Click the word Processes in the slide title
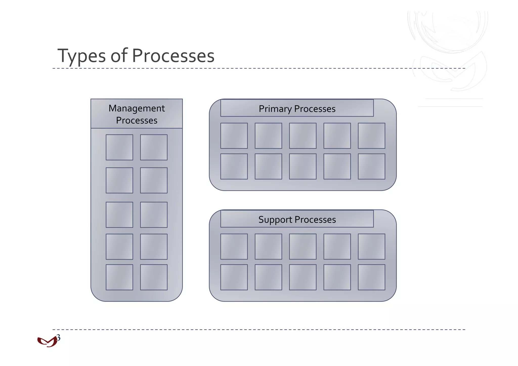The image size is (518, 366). tap(173, 56)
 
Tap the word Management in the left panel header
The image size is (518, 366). tap(137, 108)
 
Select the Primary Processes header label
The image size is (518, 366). tap(297, 109)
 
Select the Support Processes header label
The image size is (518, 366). tap(297, 220)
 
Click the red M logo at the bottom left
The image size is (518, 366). tap(47, 342)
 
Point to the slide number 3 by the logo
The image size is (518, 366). tap(59, 337)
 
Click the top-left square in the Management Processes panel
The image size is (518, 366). tap(119, 147)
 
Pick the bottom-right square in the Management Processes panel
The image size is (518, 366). tap(154, 277)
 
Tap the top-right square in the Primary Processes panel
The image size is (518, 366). tap(371, 136)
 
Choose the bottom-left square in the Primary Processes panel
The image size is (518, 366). tap(234, 166)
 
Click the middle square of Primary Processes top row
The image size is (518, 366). tap(303, 136)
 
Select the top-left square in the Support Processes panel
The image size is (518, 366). tap(234, 247)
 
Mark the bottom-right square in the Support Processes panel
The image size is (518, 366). tap(371, 277)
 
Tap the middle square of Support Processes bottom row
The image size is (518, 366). tap(303, 277)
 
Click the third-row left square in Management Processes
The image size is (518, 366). tap(119, 215)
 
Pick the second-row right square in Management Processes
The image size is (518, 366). tap(154, 180)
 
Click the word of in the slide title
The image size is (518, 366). tap(119, 56)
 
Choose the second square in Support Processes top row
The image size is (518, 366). tap(268, 247)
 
